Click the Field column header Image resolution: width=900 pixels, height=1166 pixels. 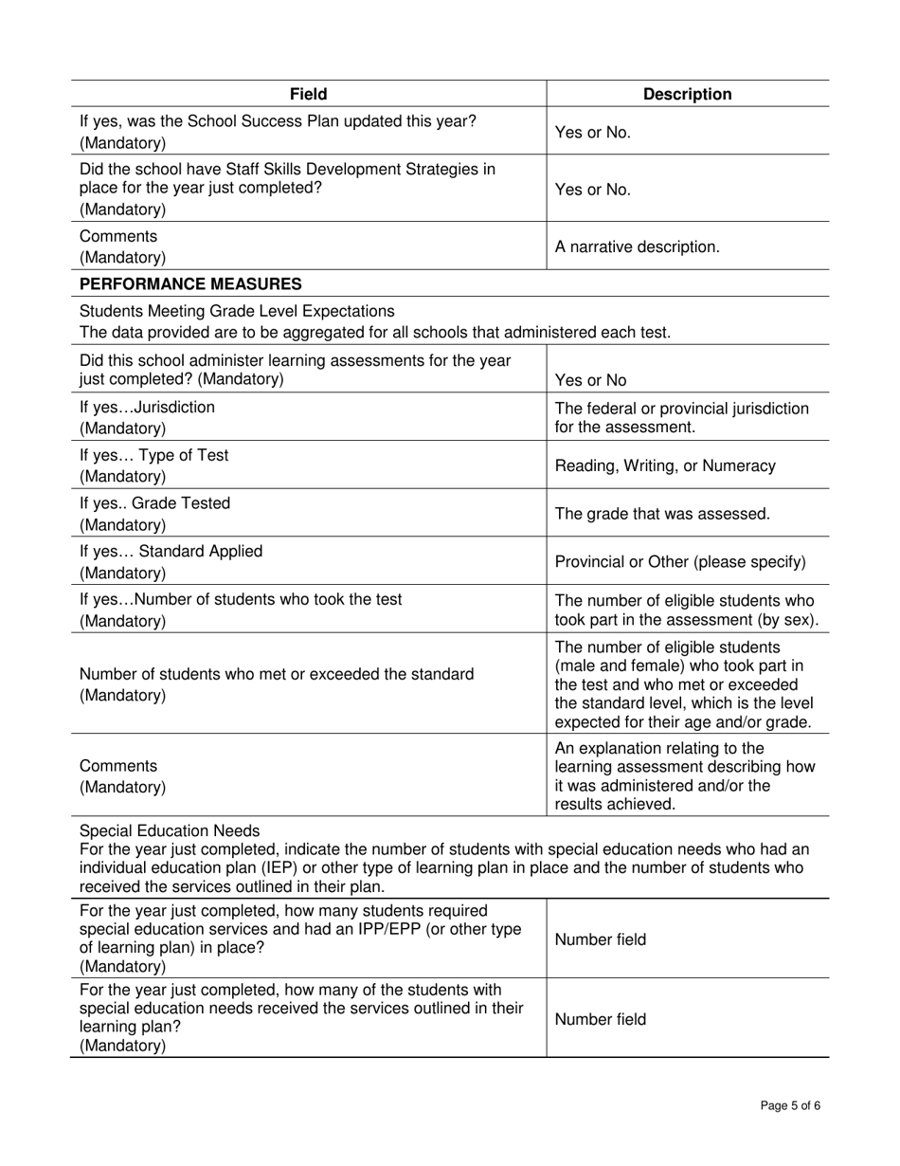tap(309, 94)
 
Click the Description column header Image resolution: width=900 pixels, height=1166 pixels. tap(687, 94)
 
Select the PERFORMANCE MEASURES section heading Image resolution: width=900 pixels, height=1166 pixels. tap(190, 283)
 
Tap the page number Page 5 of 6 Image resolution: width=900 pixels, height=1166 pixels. tap(791, 1105)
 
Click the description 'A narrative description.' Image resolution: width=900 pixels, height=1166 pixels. tap(637, 246)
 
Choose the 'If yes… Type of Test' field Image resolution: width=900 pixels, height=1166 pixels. tap(153, 455)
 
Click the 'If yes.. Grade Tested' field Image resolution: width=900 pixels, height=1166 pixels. tap(154, 503)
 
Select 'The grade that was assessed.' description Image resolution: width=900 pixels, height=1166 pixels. tap(661, 514)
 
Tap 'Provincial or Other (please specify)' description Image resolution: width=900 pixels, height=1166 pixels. tap(679, 562)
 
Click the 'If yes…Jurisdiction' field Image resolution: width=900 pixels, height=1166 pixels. tap(147, 407)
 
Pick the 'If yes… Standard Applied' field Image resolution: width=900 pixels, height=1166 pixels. tap(171, 552)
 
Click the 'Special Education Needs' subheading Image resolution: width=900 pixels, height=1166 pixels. tap(170, 831)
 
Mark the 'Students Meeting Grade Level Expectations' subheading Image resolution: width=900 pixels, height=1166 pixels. tap(237, 311)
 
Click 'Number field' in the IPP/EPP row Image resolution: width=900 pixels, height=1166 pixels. tap(600, 939)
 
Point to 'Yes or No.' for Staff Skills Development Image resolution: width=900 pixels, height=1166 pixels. tap(592, 190)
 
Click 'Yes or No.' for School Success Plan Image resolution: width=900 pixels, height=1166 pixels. tap(592, 133)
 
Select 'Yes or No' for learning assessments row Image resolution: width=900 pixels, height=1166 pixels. tap(590, 380)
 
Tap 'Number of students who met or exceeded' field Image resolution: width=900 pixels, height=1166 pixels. tap(277, 674)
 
